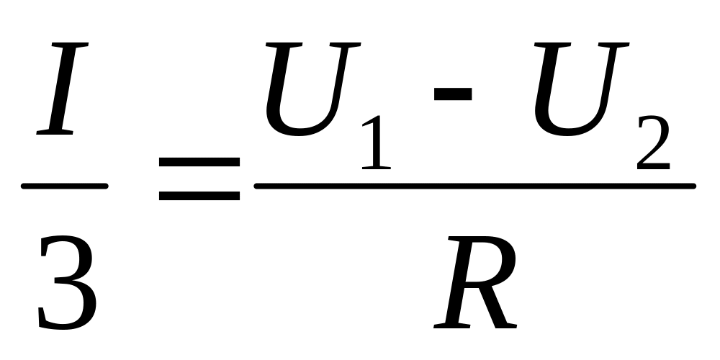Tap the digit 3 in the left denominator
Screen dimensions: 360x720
66,283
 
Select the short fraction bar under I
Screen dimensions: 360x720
65,186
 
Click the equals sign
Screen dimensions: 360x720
199,179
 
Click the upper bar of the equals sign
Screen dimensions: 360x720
199,163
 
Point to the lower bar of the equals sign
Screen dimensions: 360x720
199,194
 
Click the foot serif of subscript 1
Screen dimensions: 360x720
376,167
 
